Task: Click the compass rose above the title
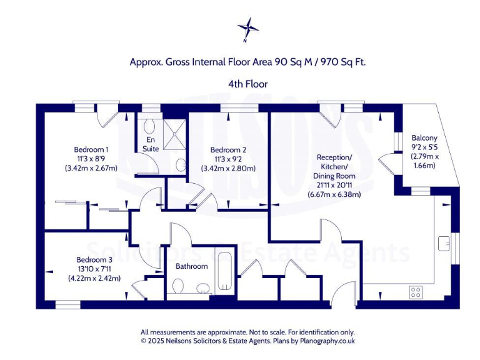[248, 28]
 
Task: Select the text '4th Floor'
[247, 83]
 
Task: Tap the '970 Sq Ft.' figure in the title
[343, 62]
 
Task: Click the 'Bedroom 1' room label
[91, 149]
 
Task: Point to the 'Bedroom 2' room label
[228, 149]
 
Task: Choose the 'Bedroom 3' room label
[94, 259]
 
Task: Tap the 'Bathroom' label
[191, 266]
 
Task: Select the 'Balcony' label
[424, 138]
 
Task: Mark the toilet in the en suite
[179, 165]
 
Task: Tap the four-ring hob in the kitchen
[416, 291]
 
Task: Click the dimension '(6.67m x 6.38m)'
[334, 194]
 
